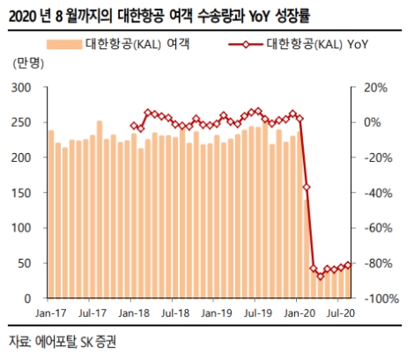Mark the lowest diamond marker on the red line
[x=321, y=276]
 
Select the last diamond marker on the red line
[x=349, y=264]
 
